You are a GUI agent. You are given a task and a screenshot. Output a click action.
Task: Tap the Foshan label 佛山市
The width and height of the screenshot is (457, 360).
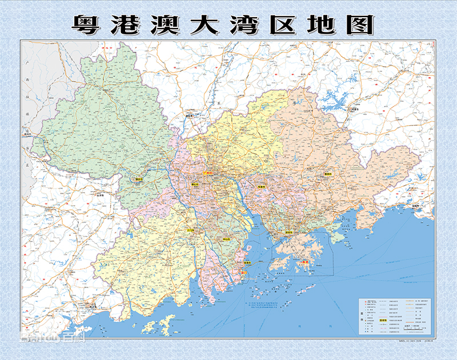tap(195, 185)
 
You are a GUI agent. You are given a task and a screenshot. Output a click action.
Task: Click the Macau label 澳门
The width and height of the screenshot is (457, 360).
tap(244, 273)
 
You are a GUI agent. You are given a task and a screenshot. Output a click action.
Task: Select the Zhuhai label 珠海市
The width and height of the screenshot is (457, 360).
tap(247, 263)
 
